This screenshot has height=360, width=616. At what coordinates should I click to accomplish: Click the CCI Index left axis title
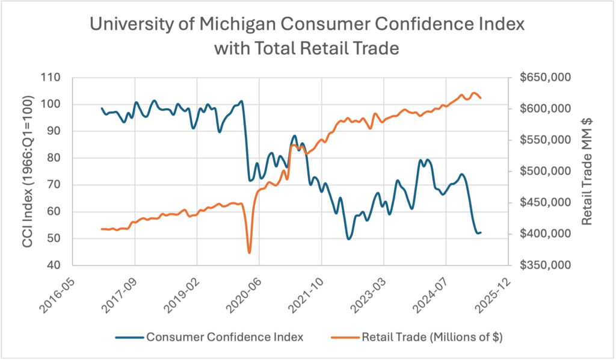[28, 171]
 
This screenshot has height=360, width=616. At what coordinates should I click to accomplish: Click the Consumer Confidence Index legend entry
[224, 337]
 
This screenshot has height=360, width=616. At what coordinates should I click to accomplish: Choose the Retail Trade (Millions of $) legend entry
[430, 337]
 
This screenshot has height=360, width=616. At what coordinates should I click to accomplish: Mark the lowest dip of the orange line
[249, 253]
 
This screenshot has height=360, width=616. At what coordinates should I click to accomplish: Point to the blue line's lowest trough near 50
[348, 239]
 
